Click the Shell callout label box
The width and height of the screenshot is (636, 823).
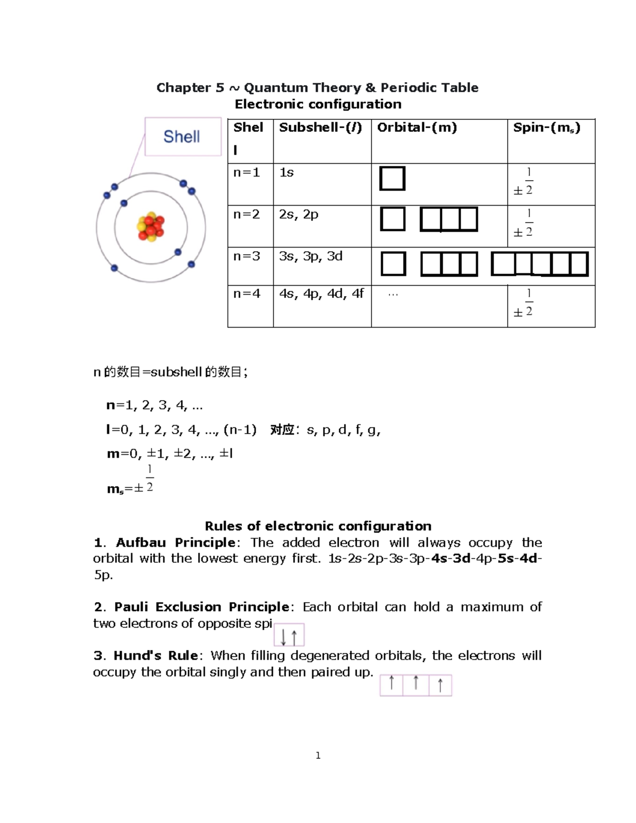click(183, 137)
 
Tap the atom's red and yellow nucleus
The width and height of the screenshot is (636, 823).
click(151, 228)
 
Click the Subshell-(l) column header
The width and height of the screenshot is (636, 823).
click(320, 128)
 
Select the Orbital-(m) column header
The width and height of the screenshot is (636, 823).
click(417, 128)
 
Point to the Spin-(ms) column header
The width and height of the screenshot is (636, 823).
click(546, 128)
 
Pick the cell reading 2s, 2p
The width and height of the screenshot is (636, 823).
click(298, 215)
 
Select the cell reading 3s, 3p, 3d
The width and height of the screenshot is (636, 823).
click(311, 256)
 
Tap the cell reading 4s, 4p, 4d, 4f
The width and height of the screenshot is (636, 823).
click(321, 294)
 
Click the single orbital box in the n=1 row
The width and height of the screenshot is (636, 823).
click(392, 179)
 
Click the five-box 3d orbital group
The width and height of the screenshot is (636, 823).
click(540, 264)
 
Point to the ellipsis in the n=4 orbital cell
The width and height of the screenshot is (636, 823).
click(393, 295)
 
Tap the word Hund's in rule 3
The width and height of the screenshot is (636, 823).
click(137, 656)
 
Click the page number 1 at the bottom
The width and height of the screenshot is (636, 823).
click(318, 756)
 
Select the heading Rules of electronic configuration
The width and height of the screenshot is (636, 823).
click(318, 526)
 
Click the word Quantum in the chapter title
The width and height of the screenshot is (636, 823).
click(276, 88)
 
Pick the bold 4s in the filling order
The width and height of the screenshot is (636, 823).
click(439, 559)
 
